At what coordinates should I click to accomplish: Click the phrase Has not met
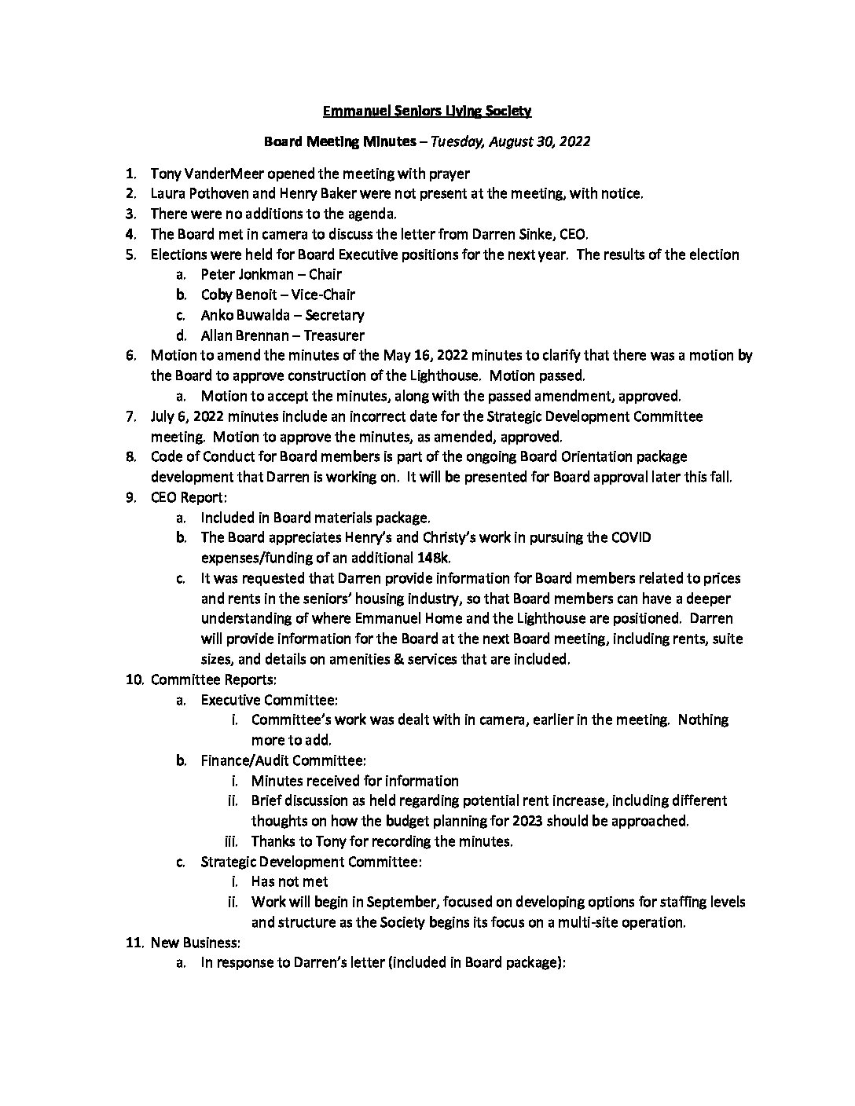tap(289, 881)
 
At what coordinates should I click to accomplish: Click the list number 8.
tap(130, 456)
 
